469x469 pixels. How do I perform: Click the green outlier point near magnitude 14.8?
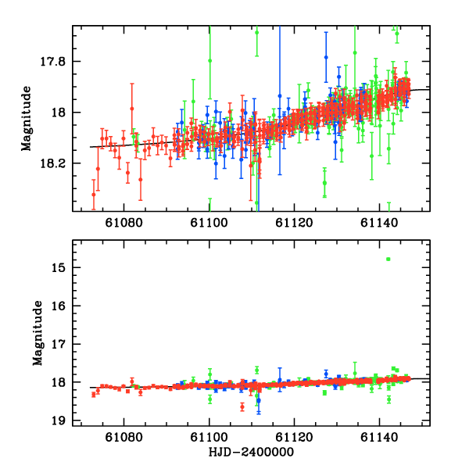(x=388, y=259)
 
